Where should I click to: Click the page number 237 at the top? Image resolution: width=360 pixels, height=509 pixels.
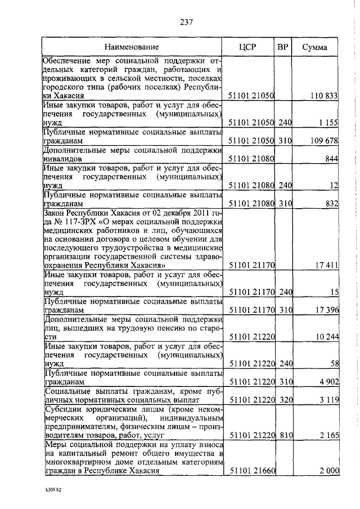[x=186, y=22]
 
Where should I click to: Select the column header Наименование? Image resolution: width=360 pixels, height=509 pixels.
[x=134, y=47]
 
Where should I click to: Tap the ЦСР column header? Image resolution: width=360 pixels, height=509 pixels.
[x=247, y=47]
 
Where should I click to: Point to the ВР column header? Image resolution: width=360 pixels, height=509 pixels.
[x=283, y=47]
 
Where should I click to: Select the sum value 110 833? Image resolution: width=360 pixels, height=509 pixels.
[x=323, y=96]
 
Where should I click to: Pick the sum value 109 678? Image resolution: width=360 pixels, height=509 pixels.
[x=323, y=140]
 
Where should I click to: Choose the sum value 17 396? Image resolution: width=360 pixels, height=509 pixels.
[x=326, y=310]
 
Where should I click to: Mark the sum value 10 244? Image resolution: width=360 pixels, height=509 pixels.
[x=326, y=336]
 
